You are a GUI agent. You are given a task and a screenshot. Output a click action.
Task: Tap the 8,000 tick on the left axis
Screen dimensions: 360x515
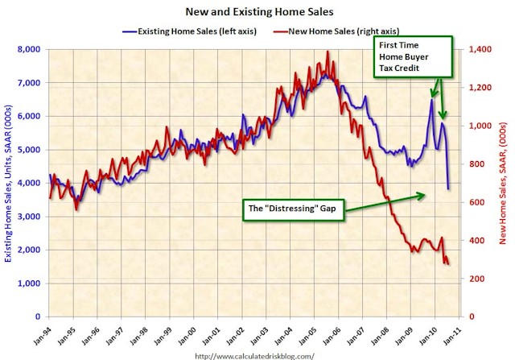pyautogui.click(x=27, y=50)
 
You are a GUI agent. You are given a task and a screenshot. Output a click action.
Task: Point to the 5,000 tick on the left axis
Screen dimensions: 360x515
pyautogui.click(x=27, y=150)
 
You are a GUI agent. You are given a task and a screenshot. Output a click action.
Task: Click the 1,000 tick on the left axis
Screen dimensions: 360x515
pyautogui.click(x=27, y=283)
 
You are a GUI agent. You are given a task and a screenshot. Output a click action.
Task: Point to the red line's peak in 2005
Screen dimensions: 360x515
pyautogui.click(x=328, y=52)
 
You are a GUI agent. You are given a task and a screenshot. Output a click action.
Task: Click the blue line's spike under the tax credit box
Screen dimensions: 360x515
pyautogui.click(x=431, y=100)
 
